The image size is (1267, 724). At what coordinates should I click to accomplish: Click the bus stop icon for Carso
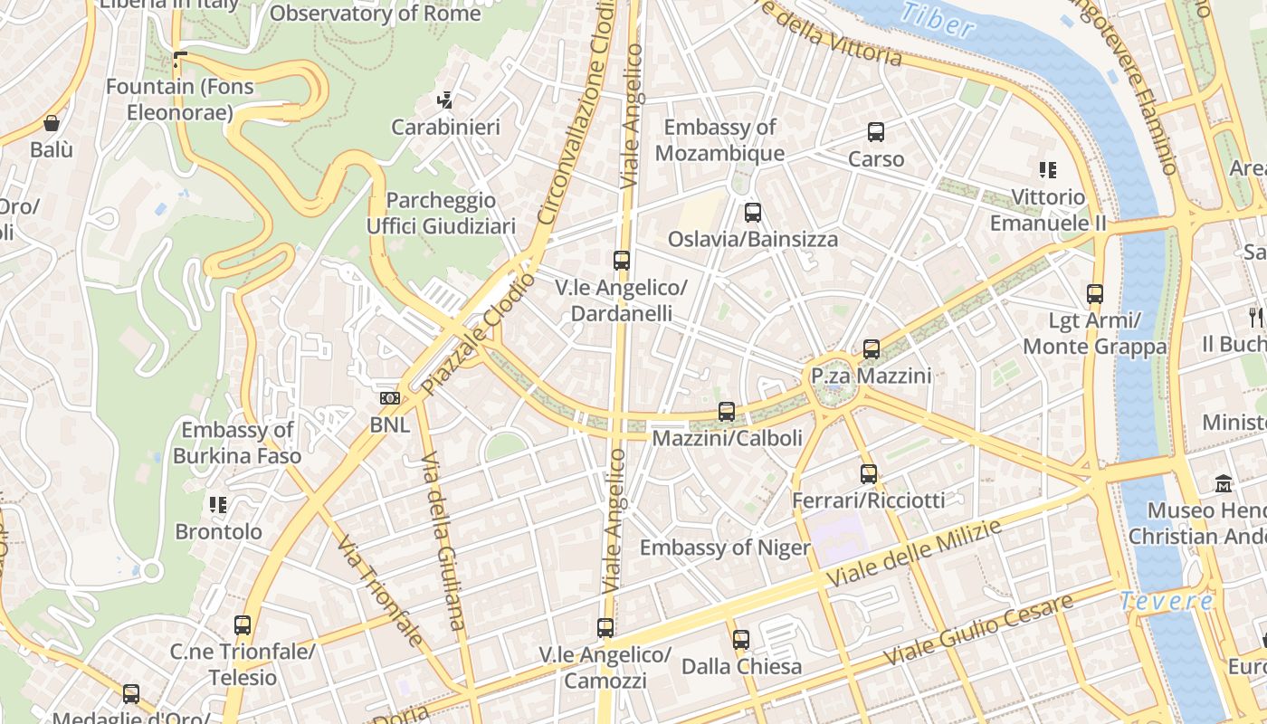(x=875, y=132)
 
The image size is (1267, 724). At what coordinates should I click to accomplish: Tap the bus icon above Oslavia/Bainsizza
(x=752, y=213)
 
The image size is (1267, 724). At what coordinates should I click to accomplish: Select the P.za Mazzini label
(x=871, y=376)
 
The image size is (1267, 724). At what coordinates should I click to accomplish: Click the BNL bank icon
(x=390, y=398)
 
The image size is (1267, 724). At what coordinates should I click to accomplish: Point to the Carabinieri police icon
(x=444, y=100)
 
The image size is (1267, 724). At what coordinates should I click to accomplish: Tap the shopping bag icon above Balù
(x=52, y=123)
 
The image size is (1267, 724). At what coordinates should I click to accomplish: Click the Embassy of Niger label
(x=725, y=548)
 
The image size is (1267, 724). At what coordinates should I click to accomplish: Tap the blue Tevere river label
(x=1166, y=601)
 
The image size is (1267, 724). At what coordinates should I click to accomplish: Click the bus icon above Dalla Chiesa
(x=741, y=640)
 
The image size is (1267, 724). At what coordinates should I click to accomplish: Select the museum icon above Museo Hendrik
(x=1224, y=483)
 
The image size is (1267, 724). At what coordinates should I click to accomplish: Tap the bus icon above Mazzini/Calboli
(x=726, y=412)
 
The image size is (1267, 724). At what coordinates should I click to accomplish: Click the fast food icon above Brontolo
(x=218, y=505)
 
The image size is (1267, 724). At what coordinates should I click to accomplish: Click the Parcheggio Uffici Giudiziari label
(x=441, y=213)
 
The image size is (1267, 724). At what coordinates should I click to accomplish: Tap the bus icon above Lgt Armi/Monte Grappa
(x=1095, y=294)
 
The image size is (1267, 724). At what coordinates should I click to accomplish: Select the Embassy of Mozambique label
(x=719, y=140)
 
